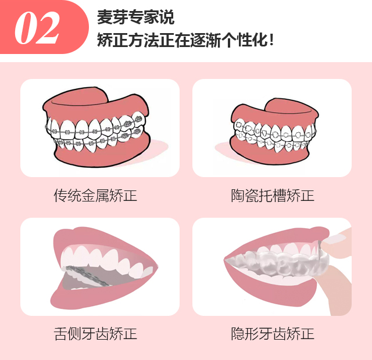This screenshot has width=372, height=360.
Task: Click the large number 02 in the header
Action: pyautogui.click(x=37, y=28)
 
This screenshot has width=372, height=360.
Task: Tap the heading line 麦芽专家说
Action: pyautogui.click(x=135, y=17)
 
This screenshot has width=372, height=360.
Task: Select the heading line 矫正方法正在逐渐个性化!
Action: pyautogui.click(x=185, y=40)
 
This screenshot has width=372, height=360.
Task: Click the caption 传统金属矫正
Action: pyautogui.click(x=95, y=196)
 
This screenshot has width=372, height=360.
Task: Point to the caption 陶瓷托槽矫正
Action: pyautogui.click(x=273, y=196)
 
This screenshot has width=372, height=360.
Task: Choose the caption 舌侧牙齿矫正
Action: pyautogui.click(x=95, y=334)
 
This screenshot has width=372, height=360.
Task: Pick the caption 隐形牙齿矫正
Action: pyautogui.click(x=273, y=334)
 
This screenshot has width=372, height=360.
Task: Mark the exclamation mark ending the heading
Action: pyautogui.click(x=271, y=40)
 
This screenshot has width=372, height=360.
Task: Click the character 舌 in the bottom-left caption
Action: pyautogui.click(x=60, y=334)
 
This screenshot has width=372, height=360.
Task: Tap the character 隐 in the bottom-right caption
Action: pyautogui.click(x=238, y=334)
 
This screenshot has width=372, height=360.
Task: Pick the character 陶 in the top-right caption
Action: pyautogui.click(x=238, y=196)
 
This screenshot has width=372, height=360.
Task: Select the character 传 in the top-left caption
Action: pyautogui.click(x=60, y=196)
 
